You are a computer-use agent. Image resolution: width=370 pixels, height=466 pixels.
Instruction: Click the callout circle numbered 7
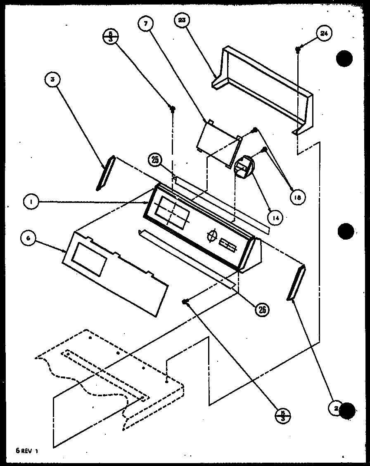[x=145, y=24]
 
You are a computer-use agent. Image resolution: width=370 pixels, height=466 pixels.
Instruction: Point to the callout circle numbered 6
[x=28, y=238]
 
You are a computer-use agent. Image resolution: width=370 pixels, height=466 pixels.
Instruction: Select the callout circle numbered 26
[x=262, y=308]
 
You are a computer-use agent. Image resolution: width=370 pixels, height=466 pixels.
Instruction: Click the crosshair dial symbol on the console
[x=212, y=235]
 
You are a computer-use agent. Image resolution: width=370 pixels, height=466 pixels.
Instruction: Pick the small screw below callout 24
[x=297, y=49]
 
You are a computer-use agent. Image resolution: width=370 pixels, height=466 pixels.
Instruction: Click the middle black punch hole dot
[x=345, y=231]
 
